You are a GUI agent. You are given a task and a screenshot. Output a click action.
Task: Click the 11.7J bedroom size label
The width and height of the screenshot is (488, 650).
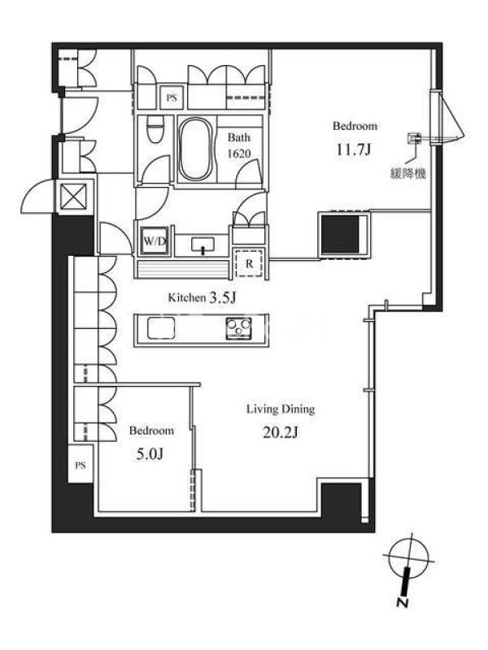(353, 149)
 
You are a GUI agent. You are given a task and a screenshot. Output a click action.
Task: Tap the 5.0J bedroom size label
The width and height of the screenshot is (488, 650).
(150, 454)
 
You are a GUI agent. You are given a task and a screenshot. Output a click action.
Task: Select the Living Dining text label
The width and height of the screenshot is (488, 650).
(281, 409)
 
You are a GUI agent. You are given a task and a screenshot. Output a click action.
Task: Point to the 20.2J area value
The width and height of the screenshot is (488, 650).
(281, 432)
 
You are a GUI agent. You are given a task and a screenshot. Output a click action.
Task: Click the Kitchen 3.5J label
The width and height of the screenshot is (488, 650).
(202, 297)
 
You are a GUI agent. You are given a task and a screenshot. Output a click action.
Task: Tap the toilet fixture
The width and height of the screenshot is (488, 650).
(155, 128)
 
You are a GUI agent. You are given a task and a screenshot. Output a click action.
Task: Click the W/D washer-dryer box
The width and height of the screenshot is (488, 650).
(155, 240)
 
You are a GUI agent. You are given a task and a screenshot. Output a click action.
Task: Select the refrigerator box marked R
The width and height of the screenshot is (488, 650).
(249, 263)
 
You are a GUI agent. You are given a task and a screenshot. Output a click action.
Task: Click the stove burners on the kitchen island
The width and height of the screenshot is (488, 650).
(238, 328)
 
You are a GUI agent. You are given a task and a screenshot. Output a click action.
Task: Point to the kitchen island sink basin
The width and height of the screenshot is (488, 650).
(161, 328)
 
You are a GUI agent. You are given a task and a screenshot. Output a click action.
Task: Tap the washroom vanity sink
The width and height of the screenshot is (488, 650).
(203, 245)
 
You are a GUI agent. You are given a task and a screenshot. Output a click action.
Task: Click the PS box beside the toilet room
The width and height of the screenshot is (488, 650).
(172, 97)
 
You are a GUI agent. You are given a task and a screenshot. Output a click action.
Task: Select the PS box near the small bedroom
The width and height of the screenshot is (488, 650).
(81, 465)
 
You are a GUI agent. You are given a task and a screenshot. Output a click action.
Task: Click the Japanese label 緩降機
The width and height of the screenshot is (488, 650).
(408, 173)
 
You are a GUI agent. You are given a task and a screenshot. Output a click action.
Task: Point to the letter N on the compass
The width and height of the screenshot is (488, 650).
(401, 601)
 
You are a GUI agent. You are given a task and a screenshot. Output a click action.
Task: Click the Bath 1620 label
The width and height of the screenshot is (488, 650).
(239, 145)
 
